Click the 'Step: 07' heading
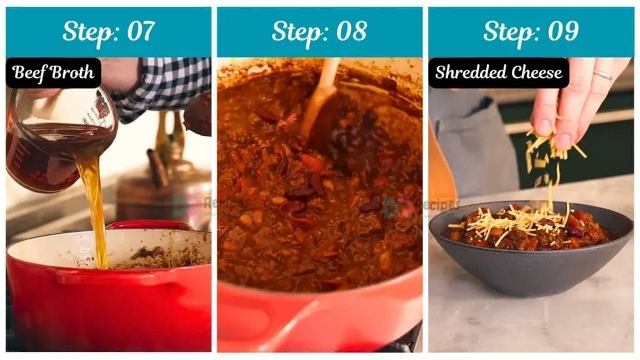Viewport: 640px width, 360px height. click(108, 31)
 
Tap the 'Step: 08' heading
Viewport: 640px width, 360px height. click(319, 31)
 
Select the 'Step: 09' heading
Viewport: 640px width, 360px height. click(531, 31)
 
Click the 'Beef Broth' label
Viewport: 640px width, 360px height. click(53, 72)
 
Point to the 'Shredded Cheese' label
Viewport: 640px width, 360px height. click(498, 72)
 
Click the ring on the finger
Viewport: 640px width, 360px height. click(602, 75)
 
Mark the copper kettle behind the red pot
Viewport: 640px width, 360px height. click(166, 187)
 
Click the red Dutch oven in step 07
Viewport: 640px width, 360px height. click(106, 300)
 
